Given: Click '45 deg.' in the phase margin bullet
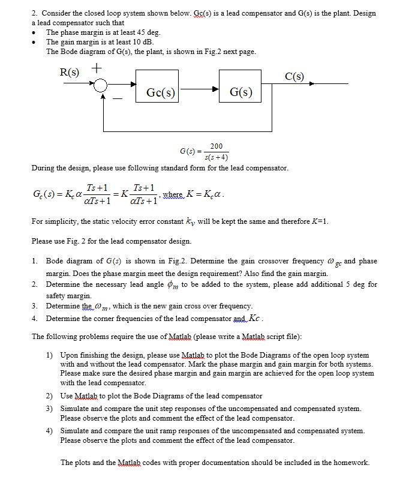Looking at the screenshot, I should click(147, 32).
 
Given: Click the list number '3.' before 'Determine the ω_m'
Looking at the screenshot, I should click(35, 305).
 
